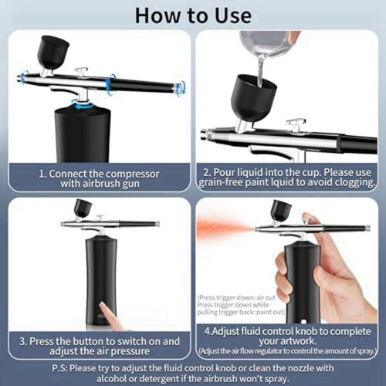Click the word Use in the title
pyautogui.click(x=233, y=16)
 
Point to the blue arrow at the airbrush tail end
pyautogui.click(x=180, y=87)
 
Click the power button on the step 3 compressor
pyautogui.click(x=100, y=316)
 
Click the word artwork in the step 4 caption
pyautogui.click(x=300, y=341)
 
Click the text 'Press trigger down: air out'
pyautogui.click(x=236, y=298)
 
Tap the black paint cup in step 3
pyautogui.click(x=83, y=208)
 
